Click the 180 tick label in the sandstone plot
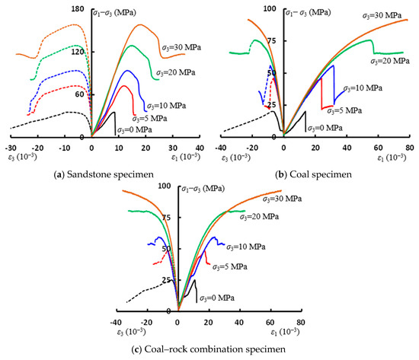pos(78,9)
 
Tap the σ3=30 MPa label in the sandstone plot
pos(181,47)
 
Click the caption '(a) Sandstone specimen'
pos(104,174)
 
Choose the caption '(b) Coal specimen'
pos(313,174)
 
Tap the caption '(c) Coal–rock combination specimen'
pos(209,349)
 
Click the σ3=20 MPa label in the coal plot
pos(390,61)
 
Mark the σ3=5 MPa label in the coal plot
pos(344,110)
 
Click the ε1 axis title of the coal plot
pos(392,158)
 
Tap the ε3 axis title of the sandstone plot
pos(22,157)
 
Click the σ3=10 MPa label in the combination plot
pos(246,247)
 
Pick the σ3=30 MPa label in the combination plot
pos(282,199)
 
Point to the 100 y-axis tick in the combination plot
pos(165,186)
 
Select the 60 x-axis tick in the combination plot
pos(270,323)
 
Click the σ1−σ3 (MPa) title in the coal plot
pos(309,12)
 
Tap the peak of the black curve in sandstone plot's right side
pos(114,112)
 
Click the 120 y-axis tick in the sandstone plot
pos(78,52)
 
